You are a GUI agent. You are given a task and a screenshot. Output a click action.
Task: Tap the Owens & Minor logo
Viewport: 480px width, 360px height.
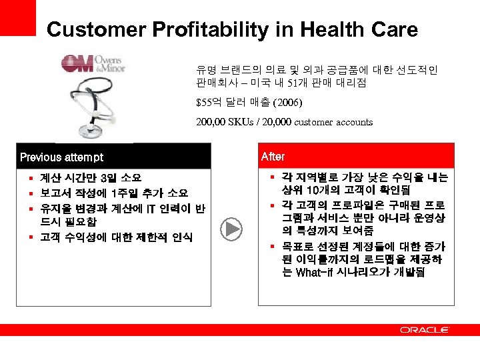93,64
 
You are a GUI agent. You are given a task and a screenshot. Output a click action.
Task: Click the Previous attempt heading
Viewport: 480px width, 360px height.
62,157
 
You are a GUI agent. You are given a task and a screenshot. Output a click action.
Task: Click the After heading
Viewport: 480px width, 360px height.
273,157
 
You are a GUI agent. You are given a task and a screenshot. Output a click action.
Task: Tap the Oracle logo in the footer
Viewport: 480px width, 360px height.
424,330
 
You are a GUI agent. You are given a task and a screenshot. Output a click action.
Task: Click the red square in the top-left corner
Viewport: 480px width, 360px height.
17,17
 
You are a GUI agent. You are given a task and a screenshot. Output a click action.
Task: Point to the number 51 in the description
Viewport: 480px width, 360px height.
291,83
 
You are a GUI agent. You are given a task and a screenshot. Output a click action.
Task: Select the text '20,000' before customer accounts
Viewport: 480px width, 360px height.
272,122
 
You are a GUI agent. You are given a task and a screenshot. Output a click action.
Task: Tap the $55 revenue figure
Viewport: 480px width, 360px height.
204,103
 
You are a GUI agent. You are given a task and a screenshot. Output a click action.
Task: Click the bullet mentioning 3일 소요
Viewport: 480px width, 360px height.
91,178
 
